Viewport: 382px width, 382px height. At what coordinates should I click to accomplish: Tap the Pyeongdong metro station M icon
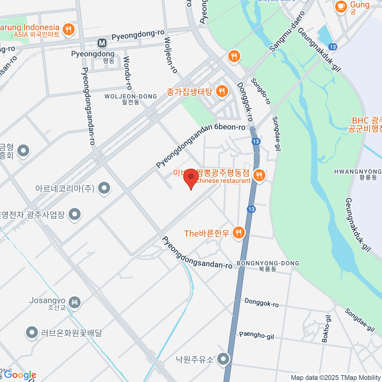[x=102, y=43]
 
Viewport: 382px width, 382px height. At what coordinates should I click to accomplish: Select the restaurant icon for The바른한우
[x=238, y=233]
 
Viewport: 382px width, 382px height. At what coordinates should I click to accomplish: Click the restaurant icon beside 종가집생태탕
[x=222, y=92]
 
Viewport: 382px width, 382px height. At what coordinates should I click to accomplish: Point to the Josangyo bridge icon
[x=75, y=301]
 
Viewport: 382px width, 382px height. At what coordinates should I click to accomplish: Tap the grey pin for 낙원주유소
[x=223, y=359]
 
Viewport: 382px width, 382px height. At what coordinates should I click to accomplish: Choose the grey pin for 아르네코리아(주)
[x=104, y=188]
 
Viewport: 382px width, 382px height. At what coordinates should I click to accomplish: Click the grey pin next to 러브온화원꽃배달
[x=32, y=333]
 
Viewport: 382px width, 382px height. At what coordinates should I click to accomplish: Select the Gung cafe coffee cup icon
[x=341, y=6]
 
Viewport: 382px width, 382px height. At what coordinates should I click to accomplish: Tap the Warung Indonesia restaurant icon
[x=68, y=30]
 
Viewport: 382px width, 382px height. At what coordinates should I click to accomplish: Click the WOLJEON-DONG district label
[x=131, y=96]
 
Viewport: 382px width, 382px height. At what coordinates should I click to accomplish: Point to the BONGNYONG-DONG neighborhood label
[x=268, y=264]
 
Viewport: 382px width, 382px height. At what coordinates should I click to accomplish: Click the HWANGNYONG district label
[x=358, y=172]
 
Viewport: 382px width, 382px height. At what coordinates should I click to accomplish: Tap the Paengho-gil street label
[x=257, y=335]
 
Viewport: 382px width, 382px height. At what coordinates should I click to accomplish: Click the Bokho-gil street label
[x=326, y=329]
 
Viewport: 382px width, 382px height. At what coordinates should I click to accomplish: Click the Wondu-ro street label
[x=127, y=73]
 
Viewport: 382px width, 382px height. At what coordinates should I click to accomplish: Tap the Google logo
[x=20, y=375]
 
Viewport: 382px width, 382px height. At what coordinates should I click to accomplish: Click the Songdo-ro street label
[x=261, y=91]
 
